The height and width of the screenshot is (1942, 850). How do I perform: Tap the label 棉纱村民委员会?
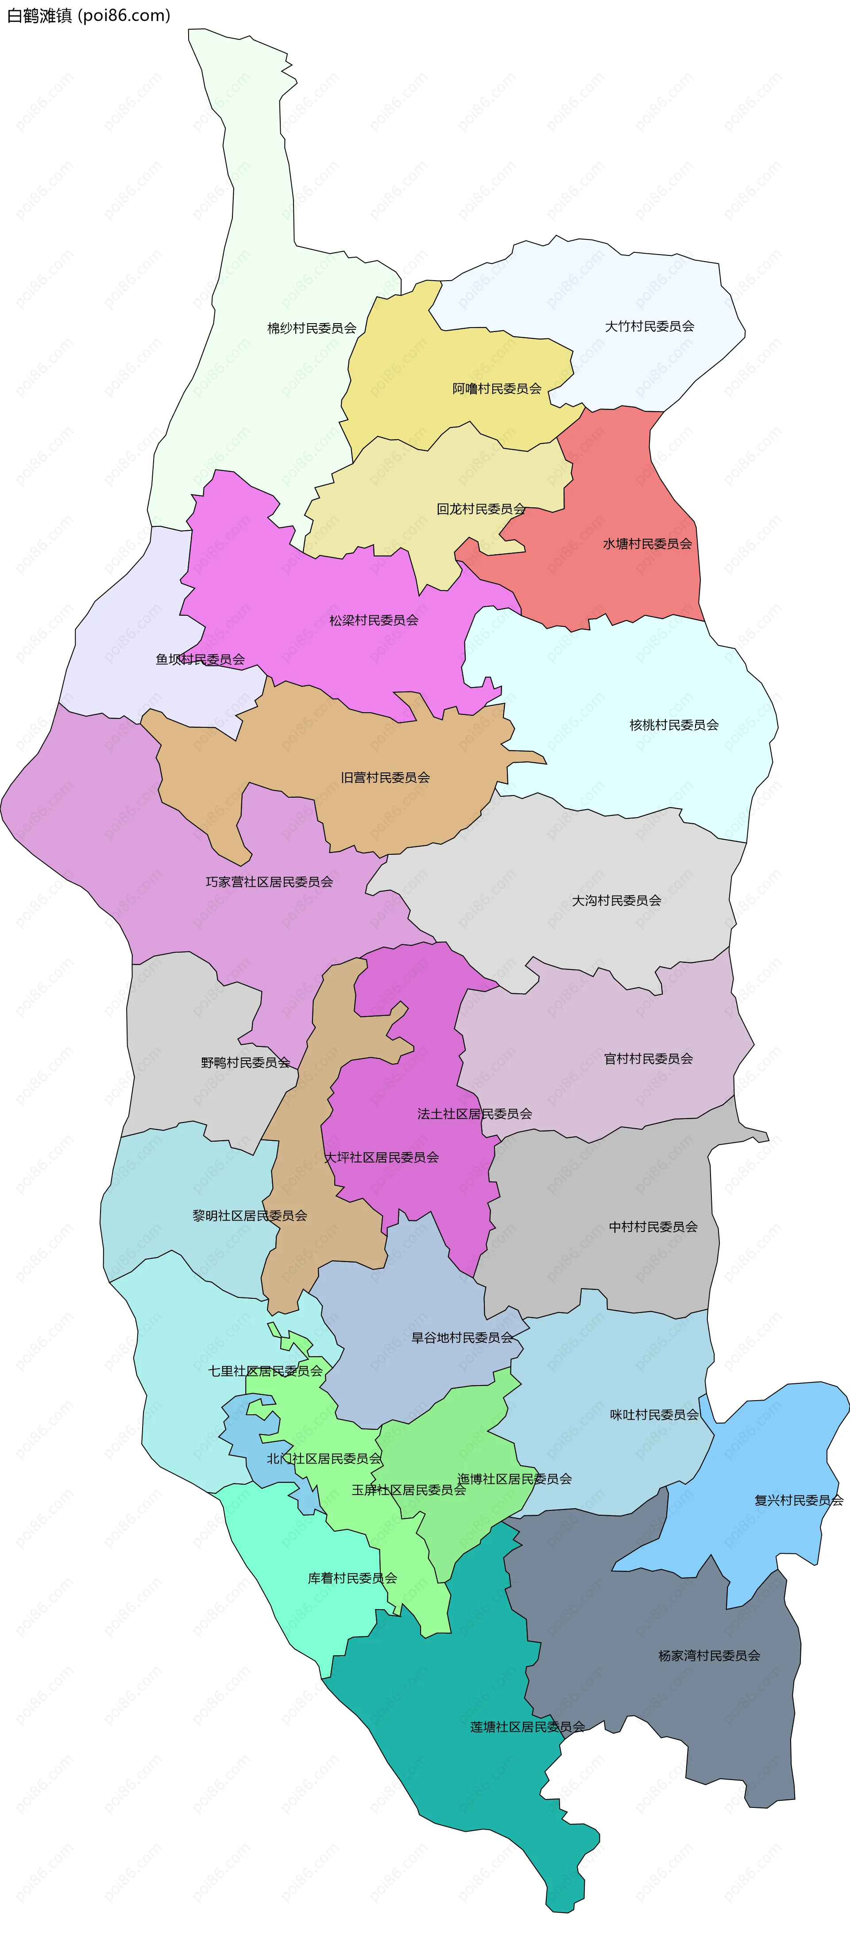[312, 328]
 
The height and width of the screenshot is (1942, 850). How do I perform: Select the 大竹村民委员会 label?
[649, 326]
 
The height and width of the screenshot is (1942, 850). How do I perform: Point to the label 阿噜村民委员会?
[497, 389]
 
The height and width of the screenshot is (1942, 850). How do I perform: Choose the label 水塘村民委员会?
[647, 544]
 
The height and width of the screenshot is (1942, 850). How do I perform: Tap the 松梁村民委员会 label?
[373, 621]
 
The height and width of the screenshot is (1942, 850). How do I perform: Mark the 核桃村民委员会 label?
[673, 725]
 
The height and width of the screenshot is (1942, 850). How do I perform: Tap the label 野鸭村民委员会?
[245, 1063]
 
